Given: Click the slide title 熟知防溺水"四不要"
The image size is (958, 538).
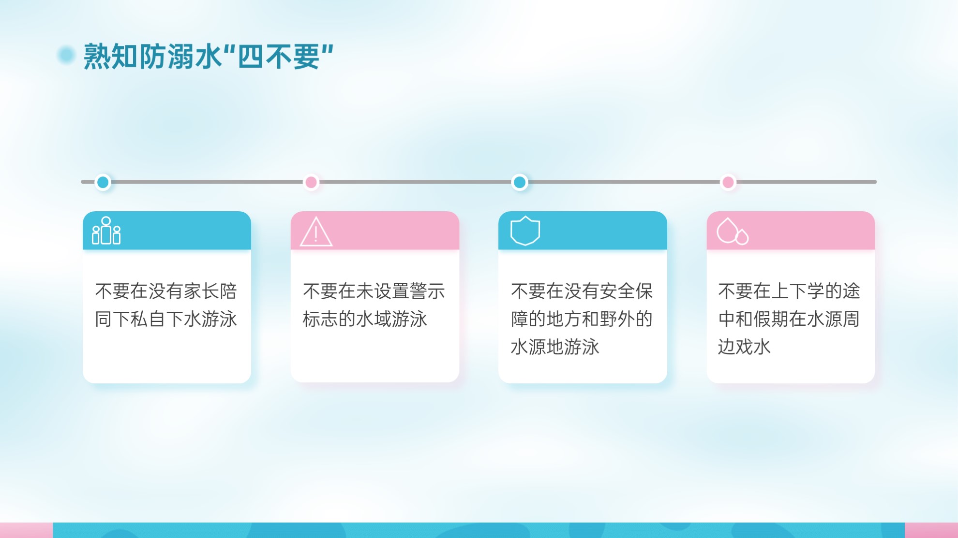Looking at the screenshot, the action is (x=209, y=56).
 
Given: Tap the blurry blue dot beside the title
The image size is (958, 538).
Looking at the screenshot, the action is (x=66, y=55).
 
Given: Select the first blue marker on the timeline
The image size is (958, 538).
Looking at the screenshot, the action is (x=103, y=182).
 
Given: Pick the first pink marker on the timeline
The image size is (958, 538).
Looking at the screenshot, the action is (x=311, y=182).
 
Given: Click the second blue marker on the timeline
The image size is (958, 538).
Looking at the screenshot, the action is (x=520, y=182).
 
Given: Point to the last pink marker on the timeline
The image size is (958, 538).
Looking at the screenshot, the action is (x=728, y=182).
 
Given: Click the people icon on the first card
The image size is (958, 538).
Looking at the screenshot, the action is (x=106, y=231).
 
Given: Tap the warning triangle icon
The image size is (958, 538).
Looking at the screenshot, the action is (x=316, y=232).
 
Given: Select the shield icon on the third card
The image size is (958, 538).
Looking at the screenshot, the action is (x=525, y=231).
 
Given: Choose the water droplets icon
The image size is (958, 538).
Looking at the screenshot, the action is (x=733, y=231).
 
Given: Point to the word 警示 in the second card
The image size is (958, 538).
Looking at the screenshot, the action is (x=427, y=291).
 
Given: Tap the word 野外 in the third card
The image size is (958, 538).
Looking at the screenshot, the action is (x=617, y=319).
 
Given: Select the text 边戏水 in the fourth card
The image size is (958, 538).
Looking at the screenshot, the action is (x=744, y=347).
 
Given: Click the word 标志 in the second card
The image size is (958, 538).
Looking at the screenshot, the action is (x=320, y=319).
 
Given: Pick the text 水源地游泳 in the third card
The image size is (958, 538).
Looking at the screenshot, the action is (x=555, y=347).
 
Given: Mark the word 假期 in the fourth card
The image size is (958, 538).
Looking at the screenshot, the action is (x=771, y=319).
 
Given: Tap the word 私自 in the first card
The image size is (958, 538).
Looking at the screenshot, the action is (x=148, y=319).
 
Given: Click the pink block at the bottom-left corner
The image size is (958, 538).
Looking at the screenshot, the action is (x=26, y=530).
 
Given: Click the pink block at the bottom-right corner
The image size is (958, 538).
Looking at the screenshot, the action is (x=931, y=530).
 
